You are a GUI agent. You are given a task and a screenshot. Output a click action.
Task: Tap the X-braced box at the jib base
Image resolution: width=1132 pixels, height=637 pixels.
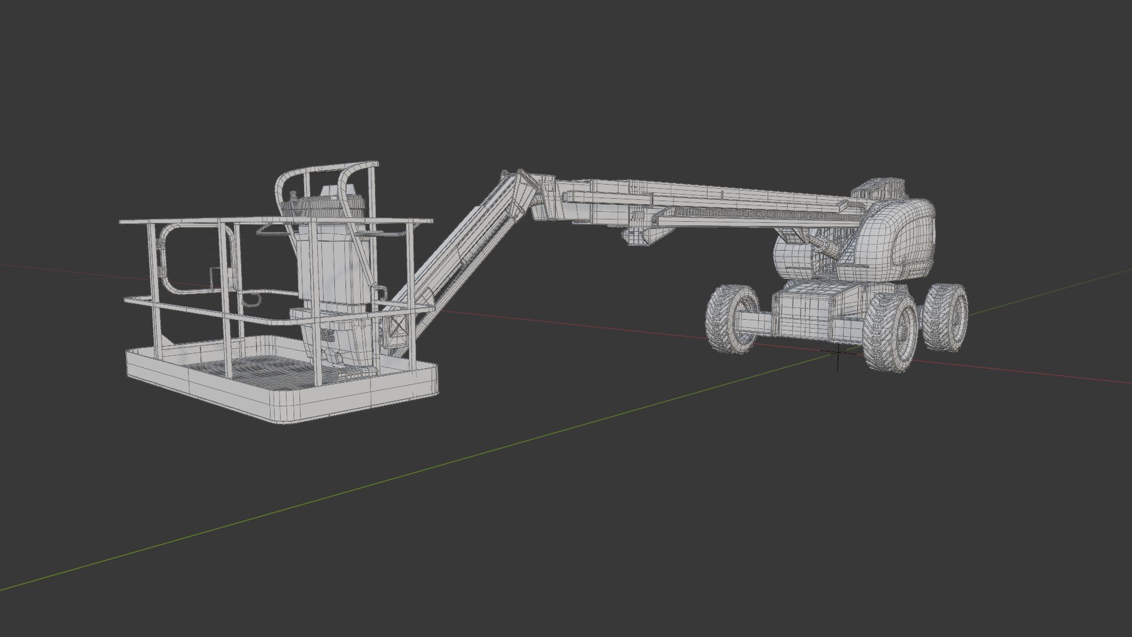(x=397, y=330)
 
